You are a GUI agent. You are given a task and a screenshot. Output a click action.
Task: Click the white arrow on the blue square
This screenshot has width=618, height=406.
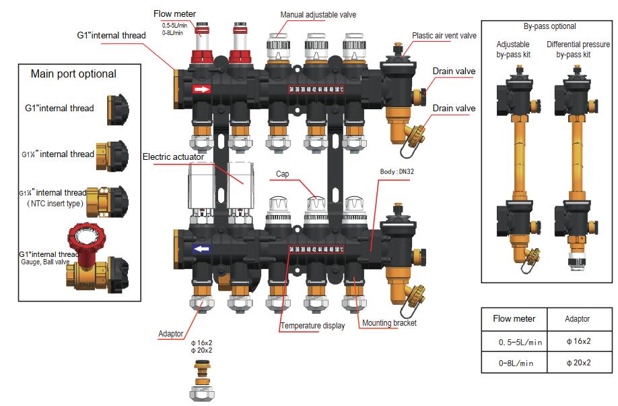point(202,249)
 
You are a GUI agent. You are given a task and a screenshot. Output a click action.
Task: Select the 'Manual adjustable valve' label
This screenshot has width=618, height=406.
point(318,15)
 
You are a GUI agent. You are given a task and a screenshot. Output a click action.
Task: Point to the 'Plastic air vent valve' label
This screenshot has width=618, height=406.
point(444,36)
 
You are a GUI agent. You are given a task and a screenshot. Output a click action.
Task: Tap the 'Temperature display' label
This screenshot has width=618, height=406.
point(312,326)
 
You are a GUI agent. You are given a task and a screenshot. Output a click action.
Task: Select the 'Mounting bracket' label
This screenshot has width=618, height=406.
point(389,323)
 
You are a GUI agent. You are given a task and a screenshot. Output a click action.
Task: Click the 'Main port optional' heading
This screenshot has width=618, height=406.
point(73,74)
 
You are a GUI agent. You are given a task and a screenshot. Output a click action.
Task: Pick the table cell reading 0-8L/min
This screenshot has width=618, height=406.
point(516,363)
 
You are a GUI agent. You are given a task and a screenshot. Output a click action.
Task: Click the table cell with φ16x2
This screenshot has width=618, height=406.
point(578,341)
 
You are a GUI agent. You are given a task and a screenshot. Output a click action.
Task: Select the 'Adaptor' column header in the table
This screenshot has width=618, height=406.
point(578,319)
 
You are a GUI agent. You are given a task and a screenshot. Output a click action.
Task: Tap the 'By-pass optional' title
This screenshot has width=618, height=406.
point(549,27)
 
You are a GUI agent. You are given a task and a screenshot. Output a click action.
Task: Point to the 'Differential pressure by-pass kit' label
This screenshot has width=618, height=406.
point(578,49)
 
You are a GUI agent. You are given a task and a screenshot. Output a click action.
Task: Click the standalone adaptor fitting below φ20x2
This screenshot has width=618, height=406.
point(201,376)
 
